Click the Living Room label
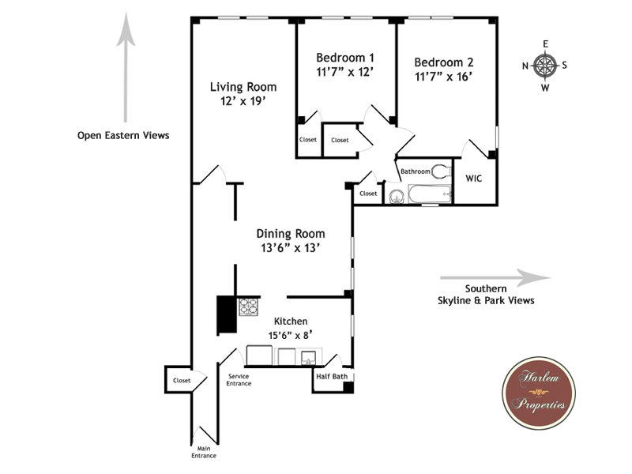coord(243,87)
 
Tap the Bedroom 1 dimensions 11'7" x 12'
coord(344,72)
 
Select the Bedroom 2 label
coord(444,62)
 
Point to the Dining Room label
coord(291,234)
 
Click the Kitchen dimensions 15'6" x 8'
coord(291,335)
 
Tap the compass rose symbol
coord(545,66)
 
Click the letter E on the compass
coord(545,44)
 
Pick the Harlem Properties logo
coord(539,393)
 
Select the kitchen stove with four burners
coord(248,307)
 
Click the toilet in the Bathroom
coord(441,171)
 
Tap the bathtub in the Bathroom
coord(430,194)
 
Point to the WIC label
coord(473,179)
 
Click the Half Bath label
coord(332,376)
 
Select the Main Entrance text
coord(204,452)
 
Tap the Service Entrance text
coord(239,380)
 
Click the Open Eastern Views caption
coord(123,135)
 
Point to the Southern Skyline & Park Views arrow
coord(495,278)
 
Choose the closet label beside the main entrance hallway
coord(182,380)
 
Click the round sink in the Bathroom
coord(397,197)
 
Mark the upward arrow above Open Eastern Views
coord(126,67)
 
